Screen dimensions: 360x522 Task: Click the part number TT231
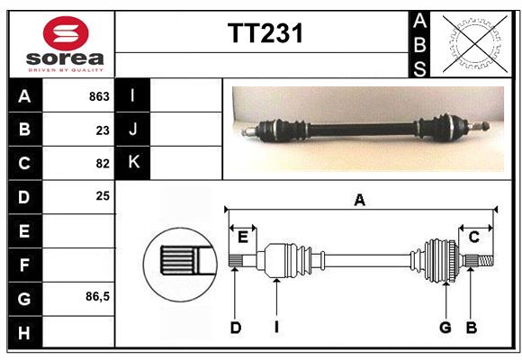coord(265,34)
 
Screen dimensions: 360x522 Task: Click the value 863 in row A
coord(99,96)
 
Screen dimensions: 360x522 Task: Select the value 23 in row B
coord(103,130)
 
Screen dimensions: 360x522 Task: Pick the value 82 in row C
coord(103,163)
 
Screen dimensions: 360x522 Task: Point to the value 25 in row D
coord(103,195)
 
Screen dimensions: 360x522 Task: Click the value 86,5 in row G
coord(98,296)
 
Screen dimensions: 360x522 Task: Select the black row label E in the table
coord(24,230)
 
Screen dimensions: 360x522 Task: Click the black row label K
coord(133,163)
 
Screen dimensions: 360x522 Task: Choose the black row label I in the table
coord(133,95)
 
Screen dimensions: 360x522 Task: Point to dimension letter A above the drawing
coord(359,200)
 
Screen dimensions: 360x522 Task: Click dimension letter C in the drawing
coord(473,237)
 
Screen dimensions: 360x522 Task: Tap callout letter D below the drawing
coord(235,328)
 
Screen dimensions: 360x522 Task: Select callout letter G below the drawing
coord(445,328)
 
